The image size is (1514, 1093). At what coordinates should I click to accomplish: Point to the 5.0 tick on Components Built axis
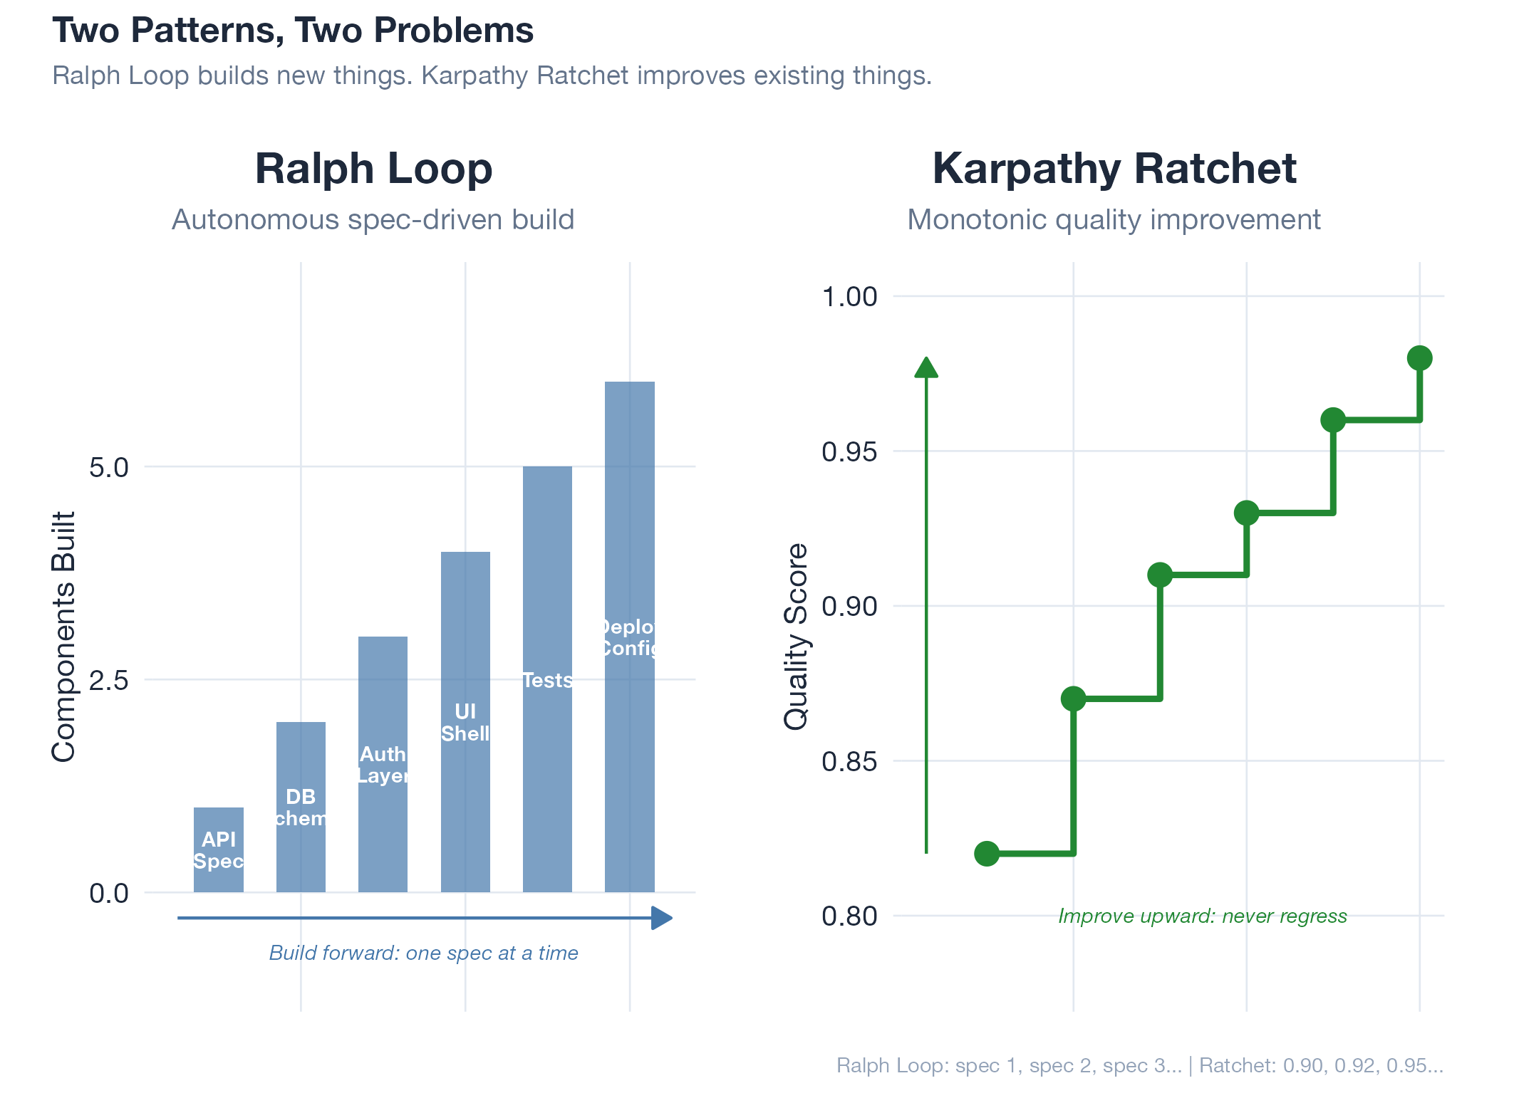(x=109, y=468)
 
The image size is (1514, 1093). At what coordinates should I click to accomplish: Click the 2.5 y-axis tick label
(x=109, y=681)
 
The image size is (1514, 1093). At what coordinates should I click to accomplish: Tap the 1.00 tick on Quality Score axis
(x=849, y=297)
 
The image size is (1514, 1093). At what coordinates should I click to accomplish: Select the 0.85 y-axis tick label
(x=849, y=762)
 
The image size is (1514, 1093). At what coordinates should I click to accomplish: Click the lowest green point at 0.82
(x=987, y=853)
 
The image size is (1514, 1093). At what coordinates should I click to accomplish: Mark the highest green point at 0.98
(x=1419, y=358)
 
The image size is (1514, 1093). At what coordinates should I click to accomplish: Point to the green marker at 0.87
(x=1073, y=699)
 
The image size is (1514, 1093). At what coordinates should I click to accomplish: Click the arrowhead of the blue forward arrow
(x=663, y=918)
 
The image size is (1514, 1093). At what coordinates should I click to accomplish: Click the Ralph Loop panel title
(x=373, y=169)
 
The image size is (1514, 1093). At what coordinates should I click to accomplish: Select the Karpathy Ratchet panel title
(x=1114, y=169)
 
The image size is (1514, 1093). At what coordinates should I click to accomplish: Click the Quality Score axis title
(x=796, y=637)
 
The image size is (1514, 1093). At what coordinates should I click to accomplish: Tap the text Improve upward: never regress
(x=1202, y=916)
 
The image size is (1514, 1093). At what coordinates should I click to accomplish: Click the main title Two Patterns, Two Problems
(x=293, y=31)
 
